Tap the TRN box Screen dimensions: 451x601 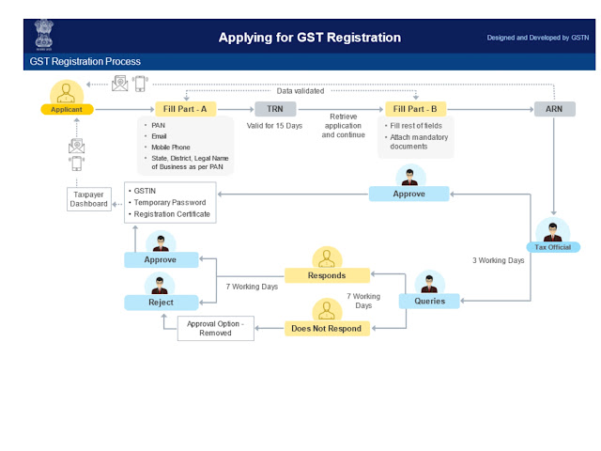(x=274, y=109)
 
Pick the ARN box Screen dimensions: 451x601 (x=555, y=109)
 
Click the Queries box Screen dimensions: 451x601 (x=429, y=301)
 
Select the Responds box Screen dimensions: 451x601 (x=327, y=275)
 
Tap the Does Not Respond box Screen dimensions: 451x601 (x=329, y=328)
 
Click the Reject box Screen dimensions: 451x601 (x=162, y=303)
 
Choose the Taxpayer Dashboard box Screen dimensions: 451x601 (x=89, y=198)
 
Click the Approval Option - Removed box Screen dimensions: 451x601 (x=215, y=328)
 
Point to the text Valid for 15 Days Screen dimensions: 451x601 (x=274, y=126)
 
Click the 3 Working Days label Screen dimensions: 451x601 (x=498, y=260)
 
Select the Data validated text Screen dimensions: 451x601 (x=300, y=91)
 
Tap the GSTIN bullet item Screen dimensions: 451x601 (x=147, y=190)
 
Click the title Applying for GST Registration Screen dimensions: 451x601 (x=310, y=38)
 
